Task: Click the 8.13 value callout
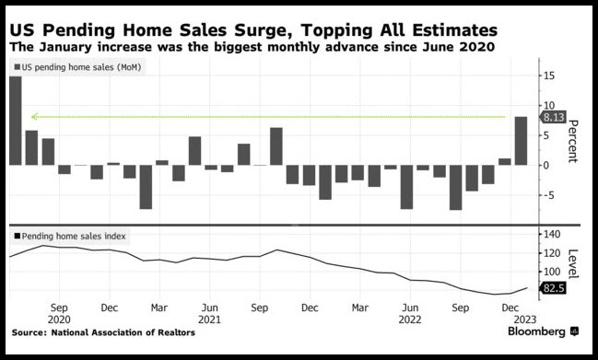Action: pyautogui.click(x=552, y=117)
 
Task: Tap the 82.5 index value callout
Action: pyautogui.click(x=552, y=288)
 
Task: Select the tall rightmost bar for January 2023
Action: pyautogui.click(x=521, y=141)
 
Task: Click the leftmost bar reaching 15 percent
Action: pyautogui.click(x=16, y=121)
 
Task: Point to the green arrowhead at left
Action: pyautogui.click(x=34, y=116)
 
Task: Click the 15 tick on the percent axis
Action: pyautogui.click(x=549, y=75)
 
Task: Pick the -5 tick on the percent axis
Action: pyautogui.click(x=548, y=195)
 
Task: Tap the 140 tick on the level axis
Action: pyautogui.click(x=552, y=234)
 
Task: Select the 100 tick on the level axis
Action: pyautogui.click(x=552, y=272)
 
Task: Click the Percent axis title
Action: pyautogui.click(x=572, y=142)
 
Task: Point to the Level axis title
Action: pyautogui.click(x=573, y=264)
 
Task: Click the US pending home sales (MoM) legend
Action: pyautogui.click(x=77, y=67)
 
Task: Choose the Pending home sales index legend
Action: pyautogui.click(x=70, y=237)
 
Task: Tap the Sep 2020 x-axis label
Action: pyautogui.click(x=59, y=313)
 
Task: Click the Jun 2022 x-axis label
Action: pyautogui.click(x=410, y=313)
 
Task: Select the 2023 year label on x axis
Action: pyautogui.click(x=525, y=319)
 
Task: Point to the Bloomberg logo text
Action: pyautogui.click(x=536, y=331)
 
